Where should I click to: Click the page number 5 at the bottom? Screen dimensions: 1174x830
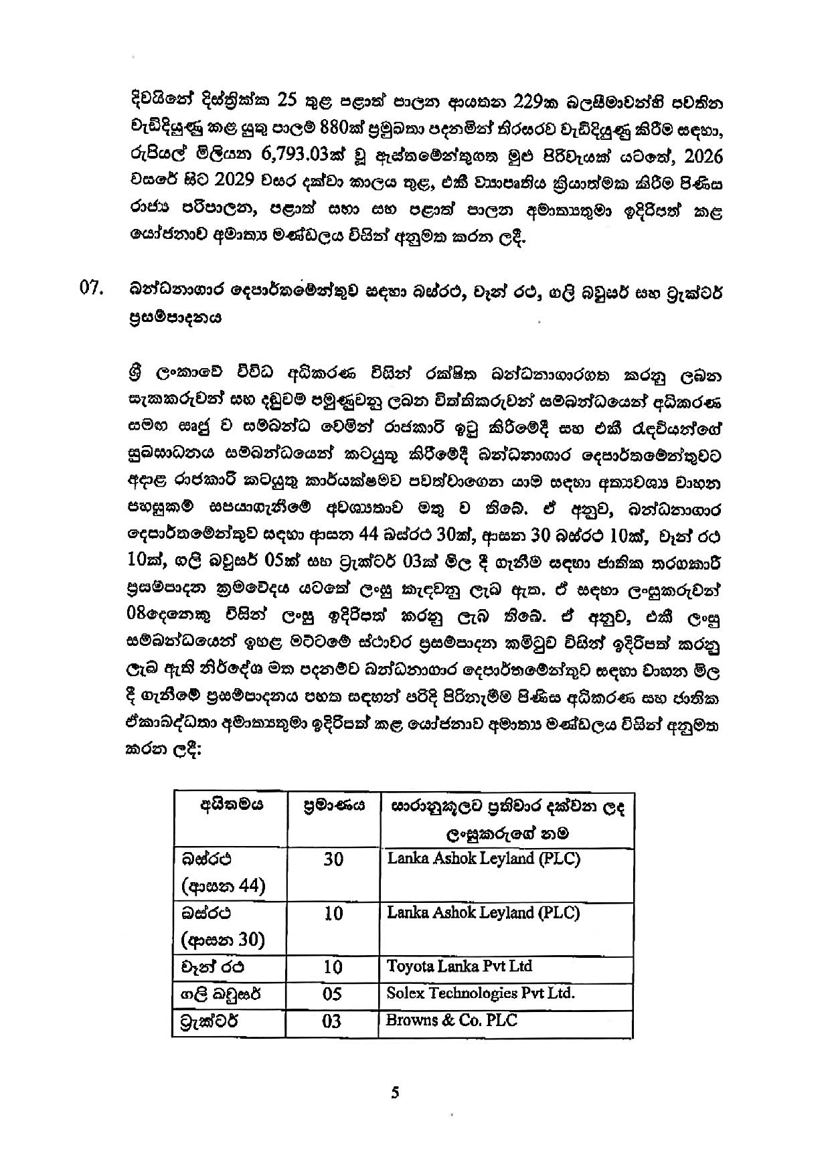click(x=395, y=1093)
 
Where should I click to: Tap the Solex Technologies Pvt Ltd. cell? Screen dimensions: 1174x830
click(x=481, y=993)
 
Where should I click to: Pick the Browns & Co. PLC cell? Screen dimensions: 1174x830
click(x=452, y=1020)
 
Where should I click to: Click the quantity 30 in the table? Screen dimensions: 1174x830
click(x=333, y=859)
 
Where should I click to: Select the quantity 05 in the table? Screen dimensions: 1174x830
click(x=332, y=994)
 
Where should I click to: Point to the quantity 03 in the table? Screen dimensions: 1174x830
click(x=332, y=1021)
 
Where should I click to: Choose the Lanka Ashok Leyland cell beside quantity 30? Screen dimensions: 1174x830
click(x=483, y=859)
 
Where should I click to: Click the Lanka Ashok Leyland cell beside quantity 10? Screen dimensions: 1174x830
click(x=483, y=913)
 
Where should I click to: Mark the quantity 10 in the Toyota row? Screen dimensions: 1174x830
click(x=333, y=967)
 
